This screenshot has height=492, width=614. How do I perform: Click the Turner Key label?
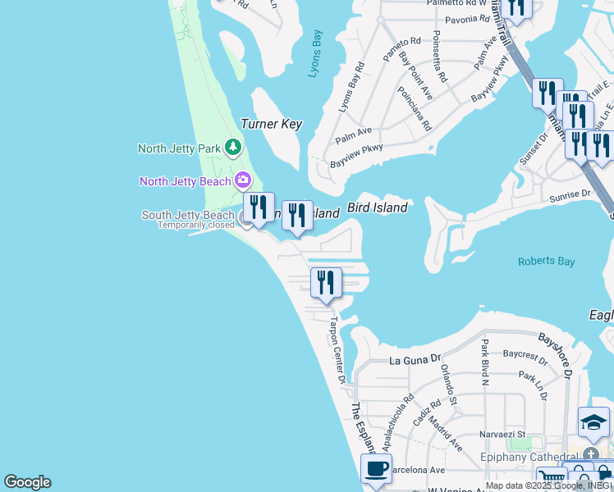[x=271, y=125]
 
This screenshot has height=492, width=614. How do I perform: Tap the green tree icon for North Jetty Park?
[x=234, y=148]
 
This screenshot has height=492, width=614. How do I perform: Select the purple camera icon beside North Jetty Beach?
[x=242, y=180]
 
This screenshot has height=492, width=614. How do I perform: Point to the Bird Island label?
[x=377, y=207]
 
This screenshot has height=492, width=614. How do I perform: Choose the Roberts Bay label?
[x=545, y=262]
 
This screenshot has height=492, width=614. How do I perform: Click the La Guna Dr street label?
[x=415, y=360]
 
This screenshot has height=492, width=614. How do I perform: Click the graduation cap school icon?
[x=593, y=423]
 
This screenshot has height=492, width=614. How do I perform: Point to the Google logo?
[x=27, y=482]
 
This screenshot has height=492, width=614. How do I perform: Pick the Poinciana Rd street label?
[x=415, y=109]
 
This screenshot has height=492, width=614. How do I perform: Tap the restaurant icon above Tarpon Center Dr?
[x=326, y=283]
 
